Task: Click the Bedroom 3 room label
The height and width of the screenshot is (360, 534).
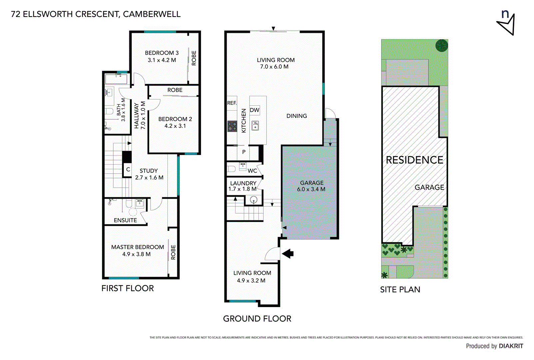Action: (162, 56)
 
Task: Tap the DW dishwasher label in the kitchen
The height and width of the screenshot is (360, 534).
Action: (255, 110)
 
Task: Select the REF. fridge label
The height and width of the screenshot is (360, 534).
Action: (232, 103)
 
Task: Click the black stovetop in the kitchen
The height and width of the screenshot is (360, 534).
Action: (232, 126)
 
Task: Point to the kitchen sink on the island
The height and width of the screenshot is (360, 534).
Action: (255, 126)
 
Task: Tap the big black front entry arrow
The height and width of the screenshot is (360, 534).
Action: (288, 254)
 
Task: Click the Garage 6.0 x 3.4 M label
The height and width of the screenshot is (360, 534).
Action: (311, 186)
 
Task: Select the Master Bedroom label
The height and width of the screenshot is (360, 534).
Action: (137, 250)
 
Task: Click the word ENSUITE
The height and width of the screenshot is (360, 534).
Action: (125, 220)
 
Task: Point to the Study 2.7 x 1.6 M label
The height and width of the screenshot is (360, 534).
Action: (149, 174)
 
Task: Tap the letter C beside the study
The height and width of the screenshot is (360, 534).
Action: (128, 169)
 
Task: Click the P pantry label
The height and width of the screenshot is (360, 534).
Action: (244, 152)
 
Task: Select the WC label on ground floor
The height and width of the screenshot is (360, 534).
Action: (252, 171)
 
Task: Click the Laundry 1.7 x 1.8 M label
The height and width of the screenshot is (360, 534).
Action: (243, 186)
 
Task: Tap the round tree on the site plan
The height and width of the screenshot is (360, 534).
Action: (442, 45)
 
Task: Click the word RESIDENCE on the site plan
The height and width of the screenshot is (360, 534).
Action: (414, 160)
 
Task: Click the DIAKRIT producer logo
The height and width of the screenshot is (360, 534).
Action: (511, 346)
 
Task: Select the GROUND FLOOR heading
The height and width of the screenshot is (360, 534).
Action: (257, 319)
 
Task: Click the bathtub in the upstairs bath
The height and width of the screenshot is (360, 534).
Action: (116, 79)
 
